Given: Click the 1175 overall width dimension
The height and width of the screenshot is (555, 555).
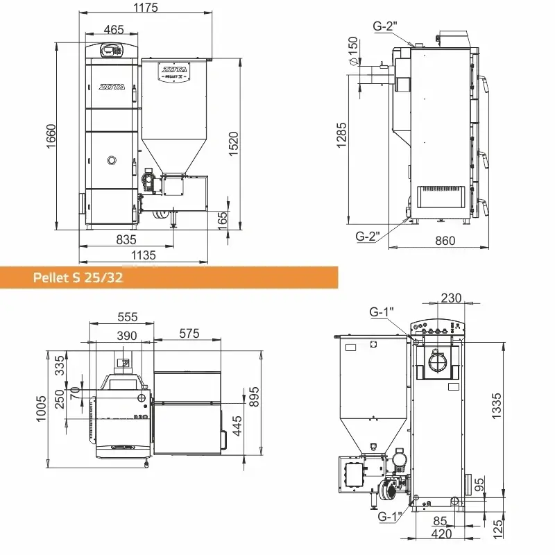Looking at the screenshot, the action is point(145,7).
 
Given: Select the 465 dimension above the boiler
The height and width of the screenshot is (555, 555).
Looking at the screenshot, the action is point(114,29).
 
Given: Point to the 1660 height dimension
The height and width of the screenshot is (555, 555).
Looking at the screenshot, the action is point(51,136).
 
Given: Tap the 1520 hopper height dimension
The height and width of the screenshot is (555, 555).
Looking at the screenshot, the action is point(234,144).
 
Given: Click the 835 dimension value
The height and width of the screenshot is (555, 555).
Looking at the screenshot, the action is point(126,239).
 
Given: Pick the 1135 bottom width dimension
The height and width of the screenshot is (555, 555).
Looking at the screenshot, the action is point(144,255).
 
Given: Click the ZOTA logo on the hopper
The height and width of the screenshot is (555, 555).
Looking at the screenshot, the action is point(174,70).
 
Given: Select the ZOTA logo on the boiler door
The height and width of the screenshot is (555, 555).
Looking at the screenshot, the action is point(112,86).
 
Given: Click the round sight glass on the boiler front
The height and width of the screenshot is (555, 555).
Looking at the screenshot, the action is point(112,160).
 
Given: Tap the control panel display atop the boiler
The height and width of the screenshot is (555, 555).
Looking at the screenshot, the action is point(108,49).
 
